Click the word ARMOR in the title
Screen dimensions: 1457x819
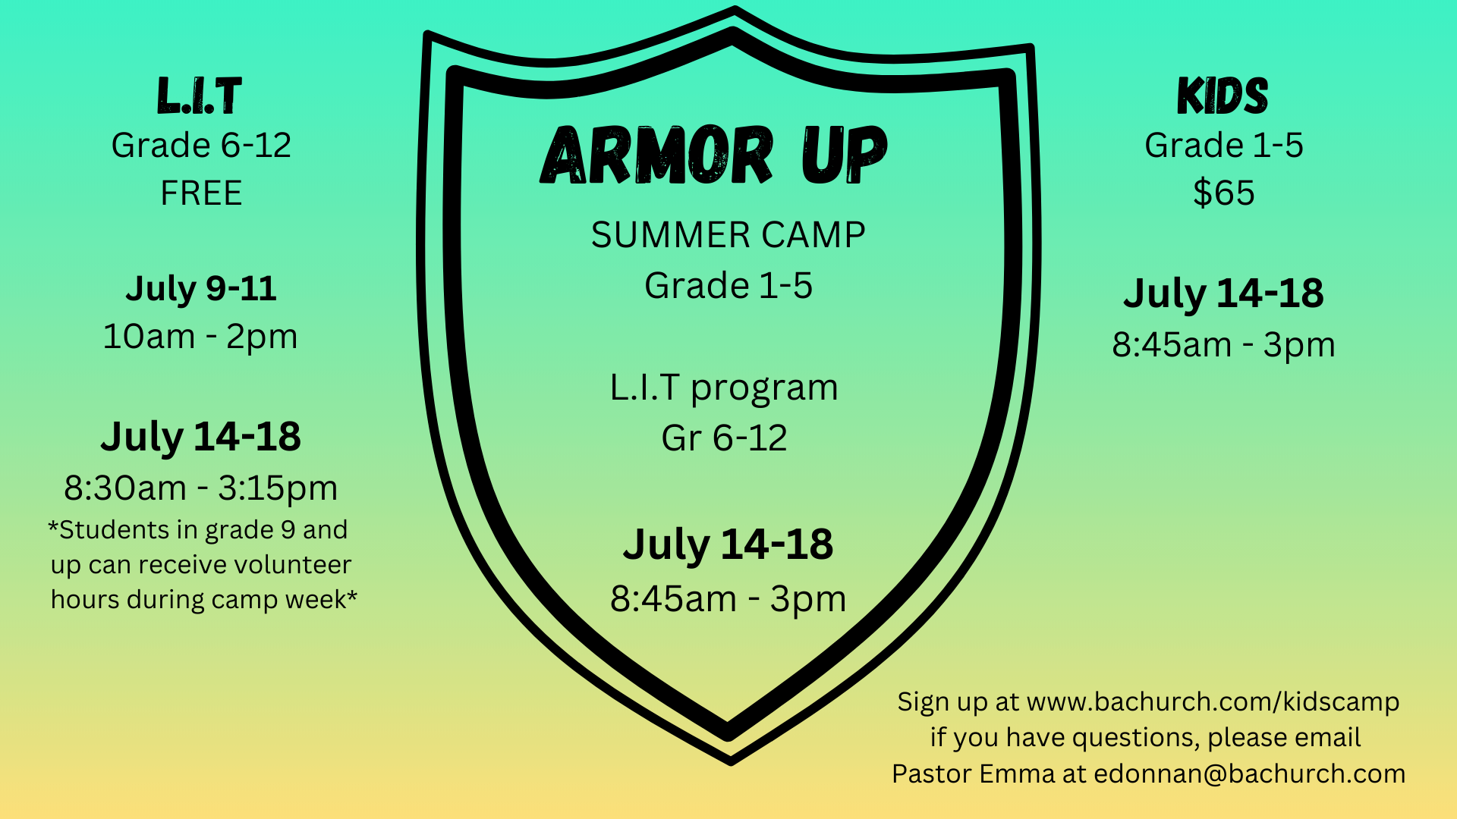coord(657,155)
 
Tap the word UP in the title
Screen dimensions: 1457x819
coord(845,155)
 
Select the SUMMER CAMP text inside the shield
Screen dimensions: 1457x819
coord(728,235)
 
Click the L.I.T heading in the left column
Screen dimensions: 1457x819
coord(200,96)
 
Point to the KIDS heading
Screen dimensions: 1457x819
coord(1223,96)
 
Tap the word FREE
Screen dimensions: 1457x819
coord(201,193)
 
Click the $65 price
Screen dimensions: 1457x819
coord(1223,193)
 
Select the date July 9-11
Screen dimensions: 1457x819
coord(201,289)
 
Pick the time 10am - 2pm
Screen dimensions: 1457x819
coord(200,337)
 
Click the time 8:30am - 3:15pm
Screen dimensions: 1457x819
coord(201,488)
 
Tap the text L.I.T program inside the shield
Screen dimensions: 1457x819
coord(724,388)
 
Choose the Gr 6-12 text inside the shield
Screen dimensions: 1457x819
coord(724,438)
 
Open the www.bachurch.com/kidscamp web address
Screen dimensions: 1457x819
coord(1213,702)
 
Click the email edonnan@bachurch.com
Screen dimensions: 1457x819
coord(1249,774)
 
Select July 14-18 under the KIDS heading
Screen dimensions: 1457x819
coord(1223,293)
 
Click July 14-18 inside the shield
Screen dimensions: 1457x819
coord(728,545)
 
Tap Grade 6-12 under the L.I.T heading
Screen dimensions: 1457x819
coord(201,146)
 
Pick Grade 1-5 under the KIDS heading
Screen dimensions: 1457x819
coord(1223,146)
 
